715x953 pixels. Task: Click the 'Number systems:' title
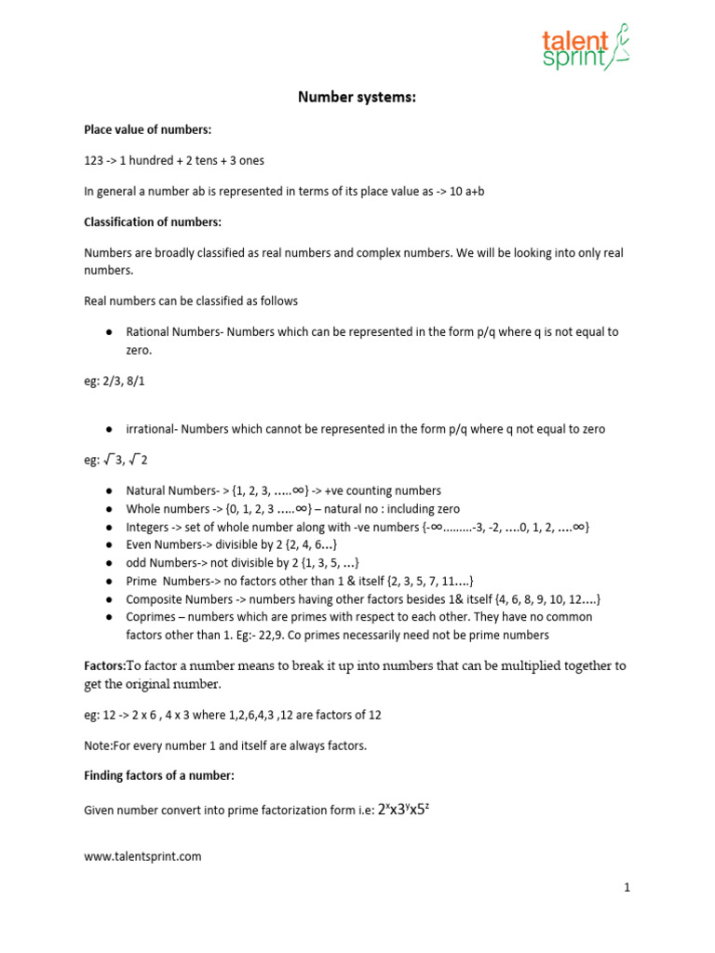[357, 96]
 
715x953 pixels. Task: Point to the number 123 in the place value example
[94, 160]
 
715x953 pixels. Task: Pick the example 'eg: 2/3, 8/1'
[117, 381]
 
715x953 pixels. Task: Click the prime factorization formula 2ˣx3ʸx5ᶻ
[402, 810]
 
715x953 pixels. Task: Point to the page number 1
[627, 888]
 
